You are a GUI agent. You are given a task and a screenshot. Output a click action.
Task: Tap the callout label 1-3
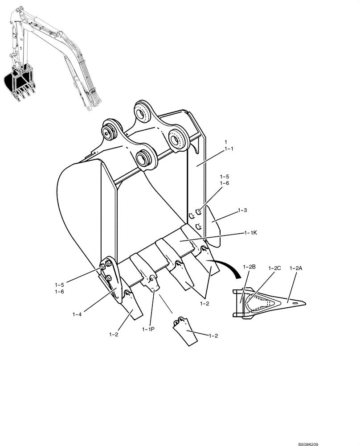click(x=243, y=209)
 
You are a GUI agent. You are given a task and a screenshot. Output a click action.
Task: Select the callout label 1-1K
click(x=251, y=233)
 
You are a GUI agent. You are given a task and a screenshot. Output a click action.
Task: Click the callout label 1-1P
click(x=149, y=329)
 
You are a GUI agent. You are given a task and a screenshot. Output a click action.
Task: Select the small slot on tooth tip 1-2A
click(x=294, y=302)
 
